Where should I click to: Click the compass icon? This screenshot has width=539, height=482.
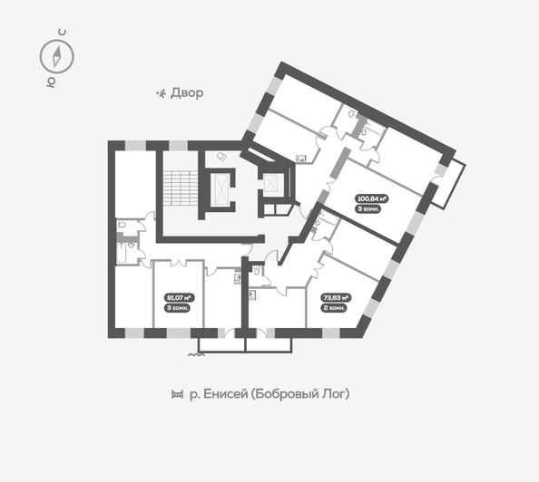[x=55, y=57]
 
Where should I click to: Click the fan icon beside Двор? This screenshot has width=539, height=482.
[x=162, y=93]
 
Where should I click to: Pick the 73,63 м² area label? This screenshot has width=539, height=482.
[x=336, y=296]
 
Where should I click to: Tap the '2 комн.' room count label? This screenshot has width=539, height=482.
[x=336, y=308]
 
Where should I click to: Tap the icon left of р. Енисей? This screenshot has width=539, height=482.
[x=175, y=395]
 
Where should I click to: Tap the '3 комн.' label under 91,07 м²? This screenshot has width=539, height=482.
[x=178, y=308]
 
